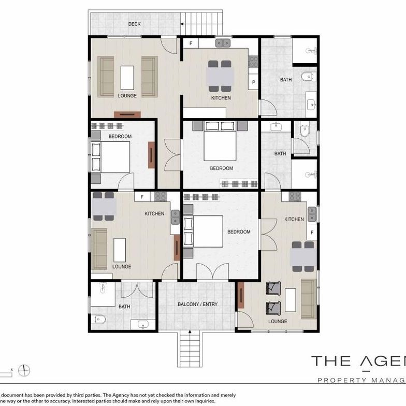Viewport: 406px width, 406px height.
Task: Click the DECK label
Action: click(x=135, y=24)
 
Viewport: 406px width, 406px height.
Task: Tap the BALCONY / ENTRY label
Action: click(x=197, y=304)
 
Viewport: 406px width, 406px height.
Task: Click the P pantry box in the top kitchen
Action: click(x=254, y=82)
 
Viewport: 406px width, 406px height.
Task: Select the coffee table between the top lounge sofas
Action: click(x=127, y=78)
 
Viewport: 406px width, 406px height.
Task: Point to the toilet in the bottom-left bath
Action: click(x=99, y=320)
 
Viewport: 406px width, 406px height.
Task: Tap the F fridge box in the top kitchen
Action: click(x=191, y=43)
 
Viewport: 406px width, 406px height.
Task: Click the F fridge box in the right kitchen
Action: click(x=312, y=233)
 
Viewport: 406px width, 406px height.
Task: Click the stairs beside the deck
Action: click(x=203, y=23)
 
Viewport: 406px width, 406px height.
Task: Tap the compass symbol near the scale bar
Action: click(x=24, y=370)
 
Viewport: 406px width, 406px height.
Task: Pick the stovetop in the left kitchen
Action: click(x=160, y=196)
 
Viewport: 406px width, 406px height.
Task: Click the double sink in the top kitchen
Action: click(x=223, y=44)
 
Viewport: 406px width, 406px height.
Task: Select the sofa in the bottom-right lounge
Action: click(x=309, y=299)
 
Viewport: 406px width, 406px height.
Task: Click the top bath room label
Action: click(x=286, y=80)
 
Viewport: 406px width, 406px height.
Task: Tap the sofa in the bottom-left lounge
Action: click(x=99, y=249)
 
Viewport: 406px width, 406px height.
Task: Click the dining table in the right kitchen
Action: click(x=302, y=257)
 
